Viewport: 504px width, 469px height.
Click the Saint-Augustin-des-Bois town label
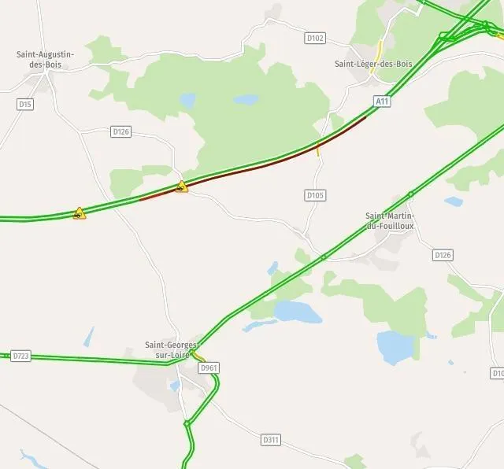[x=45, y=60]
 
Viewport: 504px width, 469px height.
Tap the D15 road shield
[x=25, y=104]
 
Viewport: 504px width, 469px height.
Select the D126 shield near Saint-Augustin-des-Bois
[x=120, y=131]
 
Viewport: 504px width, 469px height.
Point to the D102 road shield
[x=315, y=37]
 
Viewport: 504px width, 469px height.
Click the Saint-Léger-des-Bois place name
[x=373, y=64]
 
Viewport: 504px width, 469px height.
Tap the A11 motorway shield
[x=382, y=101]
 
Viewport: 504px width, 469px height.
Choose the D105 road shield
[x=315, y=195]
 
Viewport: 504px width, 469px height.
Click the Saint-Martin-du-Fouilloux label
[x=390, y=221]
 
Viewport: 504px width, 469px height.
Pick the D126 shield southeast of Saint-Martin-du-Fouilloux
[x=443, y=255]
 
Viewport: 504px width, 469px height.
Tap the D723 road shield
[x=21, y=356]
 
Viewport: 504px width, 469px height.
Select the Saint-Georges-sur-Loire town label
[x=172, y=349]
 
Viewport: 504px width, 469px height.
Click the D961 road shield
[x=209, y=367]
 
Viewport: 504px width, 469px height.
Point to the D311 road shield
[x=270, y=439]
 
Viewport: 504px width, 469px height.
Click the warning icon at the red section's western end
[x=183, y=186]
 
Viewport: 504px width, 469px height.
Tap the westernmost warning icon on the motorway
[x=79, y=212]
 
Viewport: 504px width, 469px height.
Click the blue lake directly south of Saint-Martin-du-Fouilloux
[x=396, y=346]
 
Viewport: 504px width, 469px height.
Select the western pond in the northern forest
[x=187, y=101]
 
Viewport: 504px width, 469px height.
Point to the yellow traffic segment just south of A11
[x=318, y=150]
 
